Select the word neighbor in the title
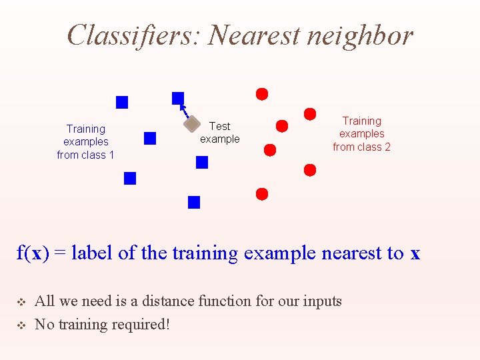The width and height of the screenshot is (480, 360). click(x=361, y=36)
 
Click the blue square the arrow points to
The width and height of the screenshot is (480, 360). click(x=178, y=98)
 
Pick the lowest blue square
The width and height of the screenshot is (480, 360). click(x=194, y=202)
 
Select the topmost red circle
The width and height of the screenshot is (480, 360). click(x=262, y=94)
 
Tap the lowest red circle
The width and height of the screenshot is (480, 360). click(x=262, y=194)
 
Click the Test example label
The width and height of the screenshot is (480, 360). click(x=219, y=133)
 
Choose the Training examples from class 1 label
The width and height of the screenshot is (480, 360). click(x=85, y=142)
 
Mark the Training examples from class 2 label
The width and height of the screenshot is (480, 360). click(x=361, y=134)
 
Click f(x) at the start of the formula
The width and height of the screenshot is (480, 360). click(x=32, y=253)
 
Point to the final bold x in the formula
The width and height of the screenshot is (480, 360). click(x=415, y=253)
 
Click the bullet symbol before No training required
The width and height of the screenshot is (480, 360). click(x=20, y=325)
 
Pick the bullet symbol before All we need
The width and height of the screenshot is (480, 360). click(x=20, y=302)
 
